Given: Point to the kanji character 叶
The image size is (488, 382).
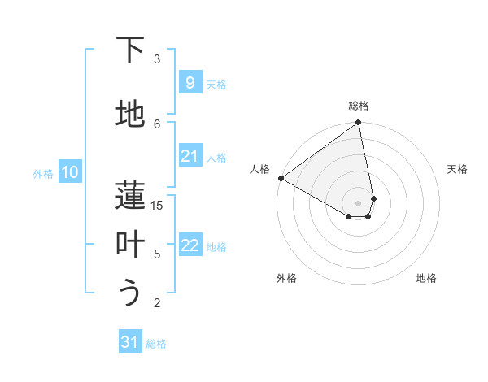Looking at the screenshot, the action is click(130, 245).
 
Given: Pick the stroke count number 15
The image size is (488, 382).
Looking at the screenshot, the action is click(157, 206).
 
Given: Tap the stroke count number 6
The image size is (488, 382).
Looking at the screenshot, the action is click(157, 123).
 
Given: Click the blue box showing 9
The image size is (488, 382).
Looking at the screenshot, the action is click(190, 82).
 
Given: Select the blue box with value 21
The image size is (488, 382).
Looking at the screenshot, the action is click(190, 156).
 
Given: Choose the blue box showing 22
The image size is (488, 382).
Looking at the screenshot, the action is click(190, 245).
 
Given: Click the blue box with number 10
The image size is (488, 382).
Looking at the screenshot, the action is click(69, 172).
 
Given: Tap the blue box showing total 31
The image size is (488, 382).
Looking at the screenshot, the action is click(130, 342).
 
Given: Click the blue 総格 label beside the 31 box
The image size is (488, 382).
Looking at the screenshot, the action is click(156, 344).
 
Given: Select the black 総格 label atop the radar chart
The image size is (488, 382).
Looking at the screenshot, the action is click(359, 106).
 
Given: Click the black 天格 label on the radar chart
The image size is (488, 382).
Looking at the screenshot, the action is click(457, 169).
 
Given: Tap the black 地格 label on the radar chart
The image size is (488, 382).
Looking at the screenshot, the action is click(426, 278).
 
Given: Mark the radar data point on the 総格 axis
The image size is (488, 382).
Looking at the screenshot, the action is click(359, 124).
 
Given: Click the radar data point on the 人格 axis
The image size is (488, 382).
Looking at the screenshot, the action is click(281, 178).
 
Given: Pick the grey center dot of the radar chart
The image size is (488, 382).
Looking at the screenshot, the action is click(359, 202).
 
